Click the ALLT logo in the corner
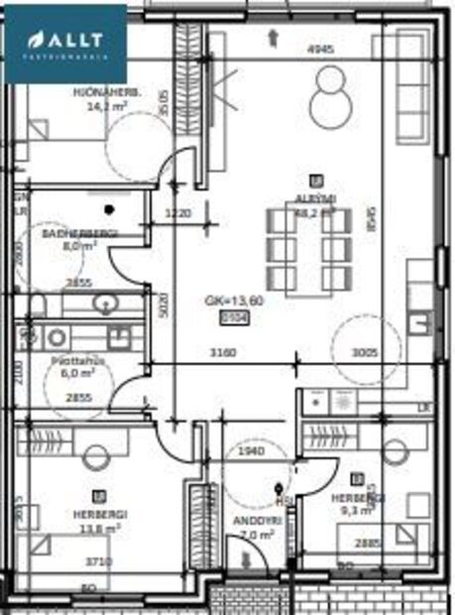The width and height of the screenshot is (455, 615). coord(64,42)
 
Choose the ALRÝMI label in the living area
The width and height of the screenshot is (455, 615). coord(316,198)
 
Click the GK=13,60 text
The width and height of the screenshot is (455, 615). coord(233,302)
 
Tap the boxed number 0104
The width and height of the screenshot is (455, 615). coord(233,317)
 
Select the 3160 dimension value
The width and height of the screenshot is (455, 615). coord(231,350)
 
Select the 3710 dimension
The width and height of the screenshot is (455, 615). coord(96,561)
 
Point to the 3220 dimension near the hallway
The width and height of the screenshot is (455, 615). coord(177,212)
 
